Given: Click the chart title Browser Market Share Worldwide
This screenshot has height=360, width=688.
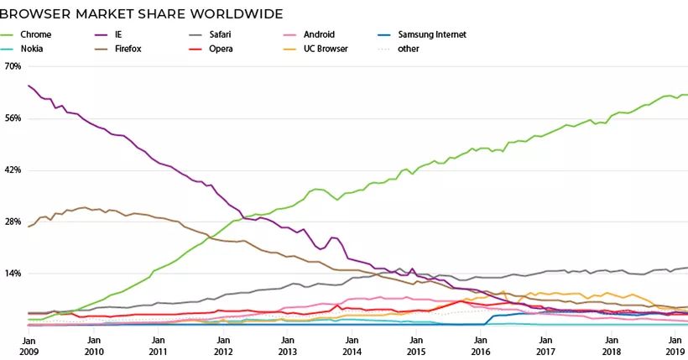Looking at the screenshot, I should pos(142,13).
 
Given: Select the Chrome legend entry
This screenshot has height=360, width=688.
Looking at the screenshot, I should pos(35,34).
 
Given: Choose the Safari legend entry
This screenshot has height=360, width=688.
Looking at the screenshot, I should pos(220,34).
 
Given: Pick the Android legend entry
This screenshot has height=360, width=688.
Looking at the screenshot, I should pos(320,34).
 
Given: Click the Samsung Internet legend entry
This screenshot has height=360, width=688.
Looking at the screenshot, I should pos(431,34).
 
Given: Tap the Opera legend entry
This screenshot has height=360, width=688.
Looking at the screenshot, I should pos(222,49).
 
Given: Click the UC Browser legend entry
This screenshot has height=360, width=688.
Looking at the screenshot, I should pos(326,49).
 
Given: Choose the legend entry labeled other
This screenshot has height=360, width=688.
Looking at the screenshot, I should pos(409,49).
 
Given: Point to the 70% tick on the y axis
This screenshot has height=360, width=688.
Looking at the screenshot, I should pos(13,65).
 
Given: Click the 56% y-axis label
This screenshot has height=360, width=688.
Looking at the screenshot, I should pos(13,118).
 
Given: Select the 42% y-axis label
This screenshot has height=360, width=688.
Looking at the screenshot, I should pos(13,170).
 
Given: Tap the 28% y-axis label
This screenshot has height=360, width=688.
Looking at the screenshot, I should pos(13,222).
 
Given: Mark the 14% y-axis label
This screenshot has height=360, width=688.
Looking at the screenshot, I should pos(13,274).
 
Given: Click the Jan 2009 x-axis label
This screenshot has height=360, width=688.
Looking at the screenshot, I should pos(28,347).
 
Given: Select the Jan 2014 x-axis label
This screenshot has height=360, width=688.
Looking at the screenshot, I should pos(351,347).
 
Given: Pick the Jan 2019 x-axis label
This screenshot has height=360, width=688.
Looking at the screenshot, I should pos(674,347).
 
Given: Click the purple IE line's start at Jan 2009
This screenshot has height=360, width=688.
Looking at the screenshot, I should pos(29,86).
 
